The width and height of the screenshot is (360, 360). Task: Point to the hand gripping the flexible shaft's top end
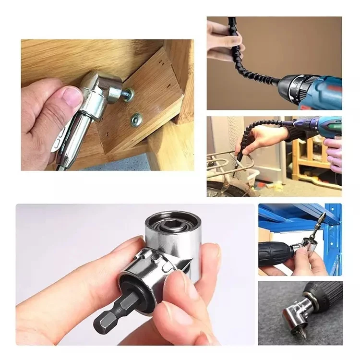(224, 41)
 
